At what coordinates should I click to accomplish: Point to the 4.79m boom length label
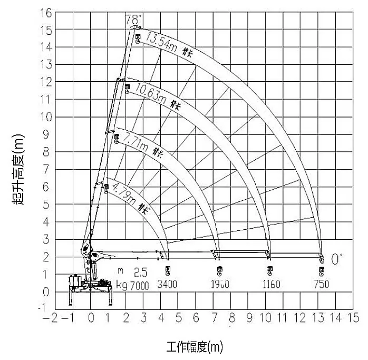(x=124, y=193)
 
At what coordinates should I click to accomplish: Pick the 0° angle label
(x=336, y=258)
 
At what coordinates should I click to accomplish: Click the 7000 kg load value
(x=139, y=285)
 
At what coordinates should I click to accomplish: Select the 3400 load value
(x=168, y=285)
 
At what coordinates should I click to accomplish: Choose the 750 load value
(x=321, y=285)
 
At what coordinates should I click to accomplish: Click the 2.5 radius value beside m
(x=140, y=273)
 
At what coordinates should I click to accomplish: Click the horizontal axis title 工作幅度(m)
(x=195, y=347)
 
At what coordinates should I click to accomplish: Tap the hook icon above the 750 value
(x=322, y=271)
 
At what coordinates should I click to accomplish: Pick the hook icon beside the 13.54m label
(x=138, y=38)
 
